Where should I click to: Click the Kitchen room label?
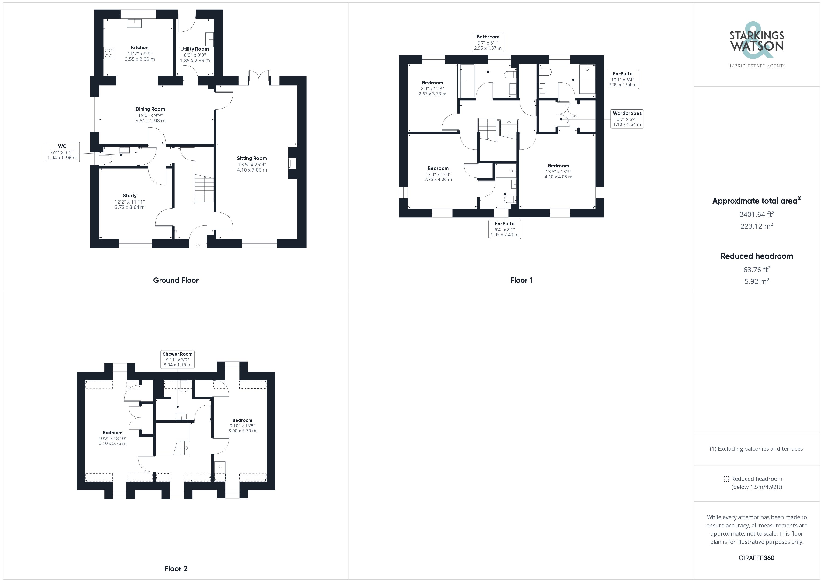[x=139, y=48]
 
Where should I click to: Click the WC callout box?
[x=62, y=152]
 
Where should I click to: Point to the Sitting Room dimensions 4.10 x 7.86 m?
[x=252, y=170]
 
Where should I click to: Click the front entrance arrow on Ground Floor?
[x=198, y=246]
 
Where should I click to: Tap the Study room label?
[x=129, y=196]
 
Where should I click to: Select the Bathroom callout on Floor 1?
[x=488, y=42]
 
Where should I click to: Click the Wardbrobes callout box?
[x=627, y=119]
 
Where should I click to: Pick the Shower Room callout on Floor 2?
[x=178, y=359]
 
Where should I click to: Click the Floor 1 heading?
[x=521, y=280]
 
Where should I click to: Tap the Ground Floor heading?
[x=176, y=280]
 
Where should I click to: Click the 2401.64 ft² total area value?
[x=756, y=214]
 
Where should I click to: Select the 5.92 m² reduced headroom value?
[x=756, y=281]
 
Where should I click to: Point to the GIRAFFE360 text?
[x=756, y=558]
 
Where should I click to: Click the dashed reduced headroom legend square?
[x=726, y=479]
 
